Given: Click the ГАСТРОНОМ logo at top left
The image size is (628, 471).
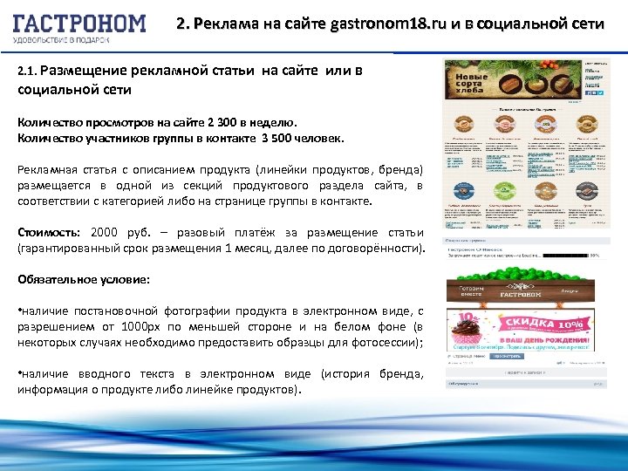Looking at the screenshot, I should pos(78,24).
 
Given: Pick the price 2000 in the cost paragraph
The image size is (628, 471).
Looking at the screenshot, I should pos(104,233).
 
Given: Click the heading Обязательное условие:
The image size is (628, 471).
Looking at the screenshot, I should pos(83,280).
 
